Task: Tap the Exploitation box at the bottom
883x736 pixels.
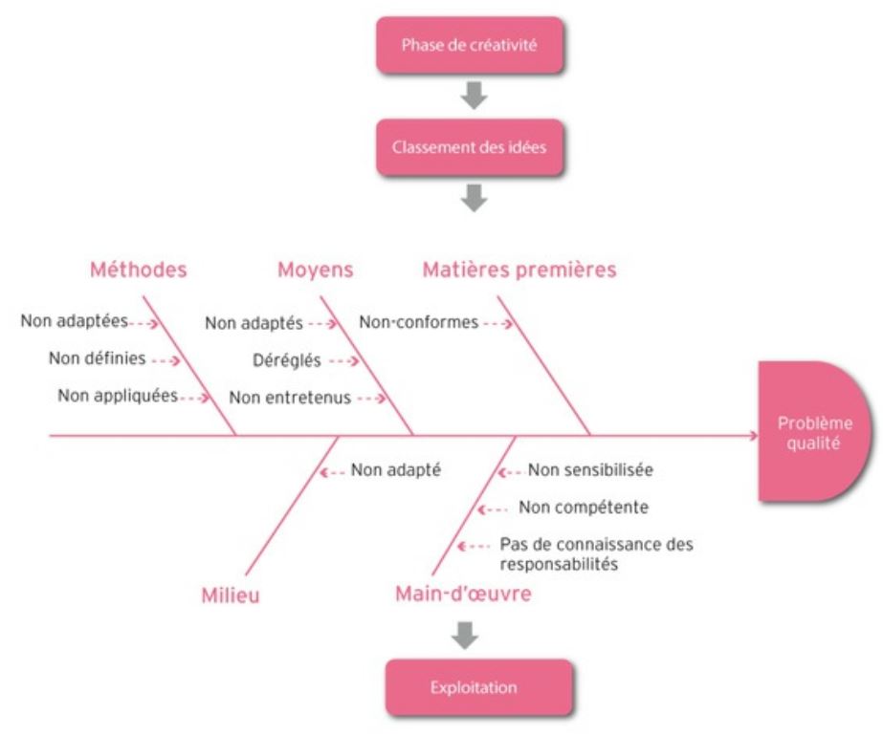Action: pos(479,687)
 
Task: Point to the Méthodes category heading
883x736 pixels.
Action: pos(138,271)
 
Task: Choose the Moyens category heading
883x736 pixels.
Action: pos(315,271)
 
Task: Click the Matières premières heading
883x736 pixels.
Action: pos(519,271)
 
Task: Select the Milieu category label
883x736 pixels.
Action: pos(231,595)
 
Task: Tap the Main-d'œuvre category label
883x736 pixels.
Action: pos(463,595)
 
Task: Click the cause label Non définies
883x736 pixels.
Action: pos(97,359)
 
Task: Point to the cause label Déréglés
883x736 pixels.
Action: pos(287,361)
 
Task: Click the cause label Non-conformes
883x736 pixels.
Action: pos(418,322)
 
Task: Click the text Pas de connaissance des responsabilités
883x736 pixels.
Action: pos(595,553)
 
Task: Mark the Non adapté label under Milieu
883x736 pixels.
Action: pos(395,469)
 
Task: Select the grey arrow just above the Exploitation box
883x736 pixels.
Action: pos(467,634)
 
